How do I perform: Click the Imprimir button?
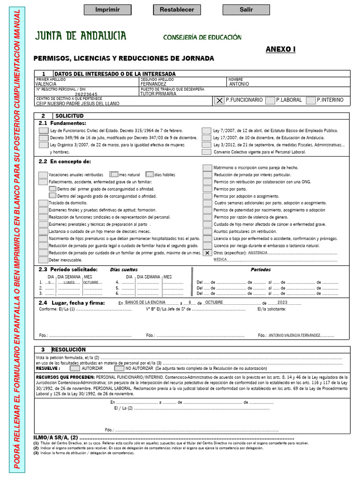(x=107, y=9)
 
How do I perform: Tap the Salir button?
(x=246, y=9)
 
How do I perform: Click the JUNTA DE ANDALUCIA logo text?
(x=81, y=36)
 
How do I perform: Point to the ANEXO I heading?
(x=280, y=49)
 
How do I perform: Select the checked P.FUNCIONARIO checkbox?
(x=219, y=100)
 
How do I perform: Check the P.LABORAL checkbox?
(x=270, y=100)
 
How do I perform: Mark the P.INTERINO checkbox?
(x=311, y=100)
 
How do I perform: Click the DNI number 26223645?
(x=86, y=94)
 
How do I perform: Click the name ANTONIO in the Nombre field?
(x=239, y=84)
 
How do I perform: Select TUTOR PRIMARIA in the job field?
(x=158, y=94)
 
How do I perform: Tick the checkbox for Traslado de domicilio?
(x=43, y=203)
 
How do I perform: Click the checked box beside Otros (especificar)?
(x=207, y=252)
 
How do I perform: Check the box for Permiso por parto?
(x=207, y=189)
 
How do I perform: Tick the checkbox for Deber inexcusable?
(x=43, y=260)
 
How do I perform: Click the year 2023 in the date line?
(x=282, y=302)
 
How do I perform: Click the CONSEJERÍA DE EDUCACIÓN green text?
(x=202, y=37)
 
